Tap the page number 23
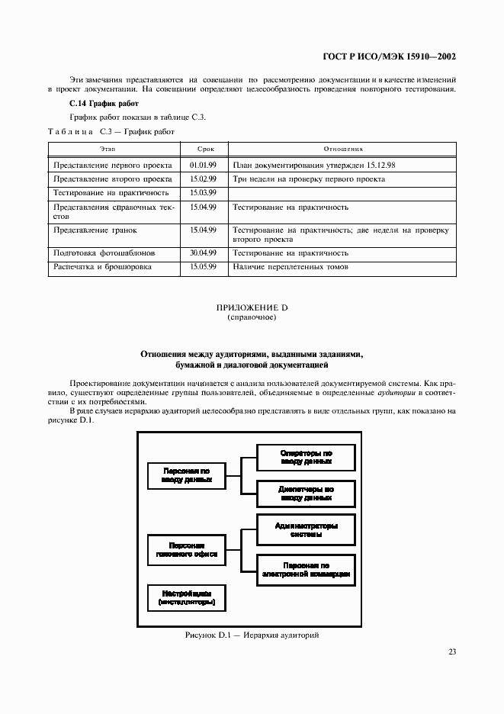click(451, 651)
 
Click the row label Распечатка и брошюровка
click(102, 267)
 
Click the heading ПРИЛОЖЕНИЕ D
click(252, 307)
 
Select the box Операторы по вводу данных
click(305, 457)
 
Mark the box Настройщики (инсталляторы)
click(186, 597)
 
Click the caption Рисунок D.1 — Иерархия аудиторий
click(251, 635)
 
